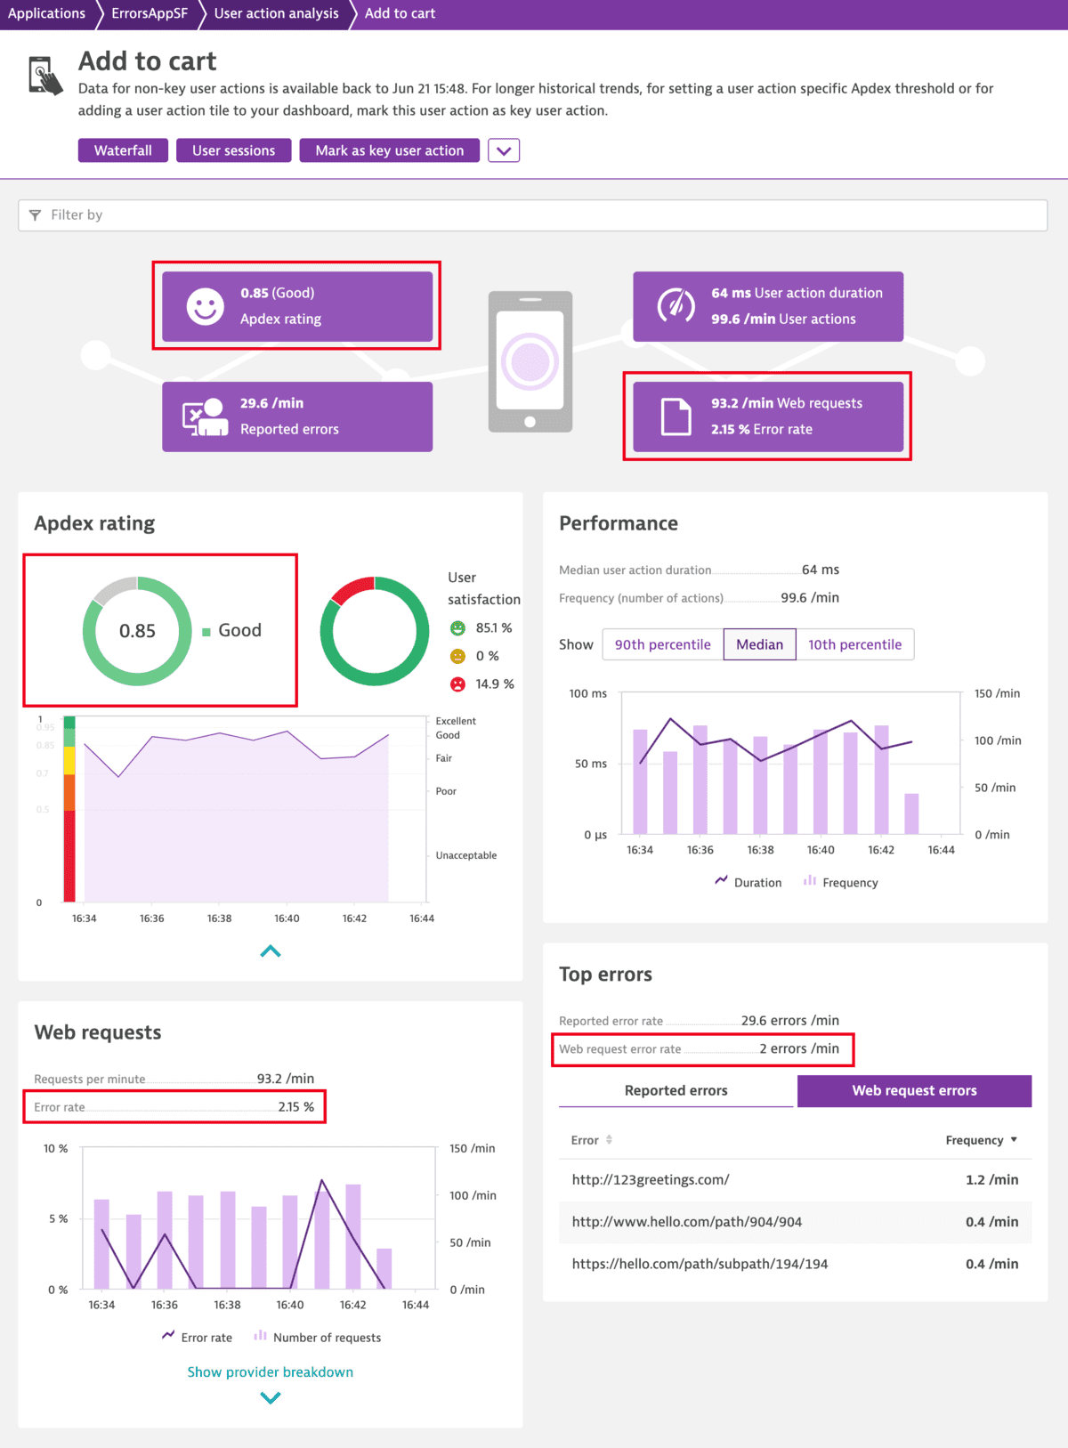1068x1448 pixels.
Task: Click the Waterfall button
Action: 123,150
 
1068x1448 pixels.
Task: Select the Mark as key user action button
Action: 389,150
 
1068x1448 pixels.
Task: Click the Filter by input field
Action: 532,214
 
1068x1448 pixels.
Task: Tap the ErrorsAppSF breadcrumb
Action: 150,13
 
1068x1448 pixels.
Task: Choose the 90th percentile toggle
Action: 662,644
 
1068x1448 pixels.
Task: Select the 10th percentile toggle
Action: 854,644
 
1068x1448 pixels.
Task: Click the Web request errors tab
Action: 914,1090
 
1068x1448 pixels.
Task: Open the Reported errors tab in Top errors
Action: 676,1090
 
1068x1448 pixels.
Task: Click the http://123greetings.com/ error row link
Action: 651,1179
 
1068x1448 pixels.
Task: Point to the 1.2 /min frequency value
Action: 991,1179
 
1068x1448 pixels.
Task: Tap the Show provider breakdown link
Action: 270,1371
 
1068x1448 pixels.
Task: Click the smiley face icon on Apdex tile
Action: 205,306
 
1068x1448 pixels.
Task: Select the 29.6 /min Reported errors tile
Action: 297,417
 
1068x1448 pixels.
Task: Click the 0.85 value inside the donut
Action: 137,631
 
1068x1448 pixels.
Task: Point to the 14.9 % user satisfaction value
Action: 494,684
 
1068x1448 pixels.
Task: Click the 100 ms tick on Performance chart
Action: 587,693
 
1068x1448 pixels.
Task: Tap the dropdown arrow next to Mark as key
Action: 504,150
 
